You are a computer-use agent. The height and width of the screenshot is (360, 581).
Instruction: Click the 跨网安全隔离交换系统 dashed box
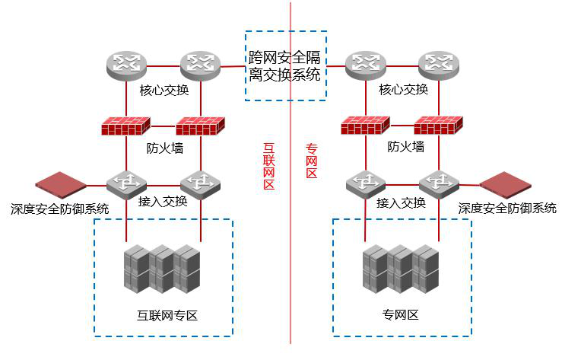[286, 65]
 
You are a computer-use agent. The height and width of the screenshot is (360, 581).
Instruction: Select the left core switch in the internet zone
[126, 64]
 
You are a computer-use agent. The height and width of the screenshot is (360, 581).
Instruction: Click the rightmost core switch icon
[438, 64]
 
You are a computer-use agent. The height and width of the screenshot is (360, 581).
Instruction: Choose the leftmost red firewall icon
[128, 126]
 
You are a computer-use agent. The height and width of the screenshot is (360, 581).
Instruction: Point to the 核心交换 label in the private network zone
[403, 90]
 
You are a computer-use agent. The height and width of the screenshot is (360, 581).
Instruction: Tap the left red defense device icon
[61, 184]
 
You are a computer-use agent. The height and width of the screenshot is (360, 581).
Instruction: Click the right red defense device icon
[504, 184]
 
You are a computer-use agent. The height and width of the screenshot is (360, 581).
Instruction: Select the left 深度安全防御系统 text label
[60, 208]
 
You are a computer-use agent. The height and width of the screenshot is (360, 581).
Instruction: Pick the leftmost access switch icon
[126, 183]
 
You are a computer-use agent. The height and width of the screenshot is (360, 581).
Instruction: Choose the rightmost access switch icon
[440, 183]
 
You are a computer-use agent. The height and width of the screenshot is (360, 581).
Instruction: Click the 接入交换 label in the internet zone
[163, 202]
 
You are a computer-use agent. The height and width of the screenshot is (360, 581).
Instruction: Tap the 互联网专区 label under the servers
[167, 315]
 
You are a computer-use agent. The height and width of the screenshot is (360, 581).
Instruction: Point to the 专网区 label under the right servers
[400, 315]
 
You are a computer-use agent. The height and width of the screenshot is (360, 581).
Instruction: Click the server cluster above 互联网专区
[162, 269]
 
